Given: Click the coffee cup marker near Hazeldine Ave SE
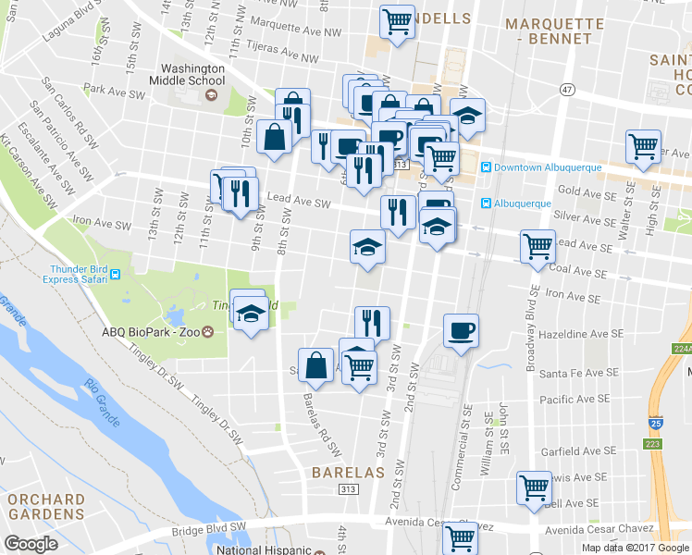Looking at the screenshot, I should [460, 330].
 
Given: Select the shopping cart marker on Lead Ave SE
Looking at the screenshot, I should [538, 246].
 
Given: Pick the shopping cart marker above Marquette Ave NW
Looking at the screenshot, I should [397, 19].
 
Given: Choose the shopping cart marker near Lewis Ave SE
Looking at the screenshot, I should [534, 487].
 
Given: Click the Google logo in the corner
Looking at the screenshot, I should [31, 544].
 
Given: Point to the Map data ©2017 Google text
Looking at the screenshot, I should [636, 548].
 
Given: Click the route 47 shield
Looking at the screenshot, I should [566, 88].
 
